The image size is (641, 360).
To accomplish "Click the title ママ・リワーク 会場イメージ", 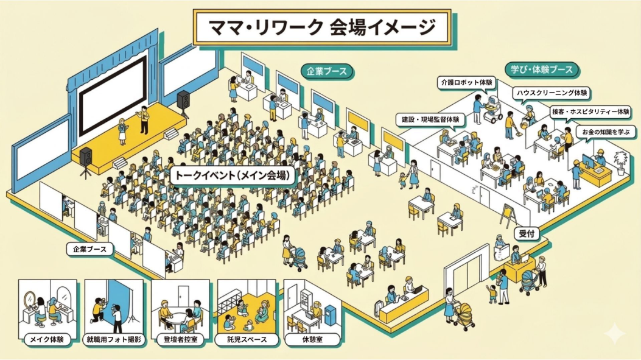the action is click(x=322, y=27).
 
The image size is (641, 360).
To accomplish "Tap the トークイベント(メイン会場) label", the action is click(x=233, y=175).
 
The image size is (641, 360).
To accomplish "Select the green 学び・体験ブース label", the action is click(x=542, y=70).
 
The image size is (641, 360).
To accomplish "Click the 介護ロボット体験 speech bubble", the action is click(x=466, y=83).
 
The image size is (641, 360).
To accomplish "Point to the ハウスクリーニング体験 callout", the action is click(x=552, y=93).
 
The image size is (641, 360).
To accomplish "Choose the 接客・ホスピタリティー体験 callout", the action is click(x=590, y=112).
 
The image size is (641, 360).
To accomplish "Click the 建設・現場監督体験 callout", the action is click(x=430, y=120).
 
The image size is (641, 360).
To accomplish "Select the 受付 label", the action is click(x=527, y=234).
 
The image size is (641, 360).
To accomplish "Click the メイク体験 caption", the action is click(x=47, y=339).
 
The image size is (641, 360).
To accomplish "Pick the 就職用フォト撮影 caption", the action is click(x=114, y=339).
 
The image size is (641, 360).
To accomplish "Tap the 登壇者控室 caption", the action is click(x=180, y=339).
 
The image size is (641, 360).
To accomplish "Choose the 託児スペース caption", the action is click(x=247, y=339).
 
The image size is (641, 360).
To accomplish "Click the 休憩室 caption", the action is click(x=313, y=339).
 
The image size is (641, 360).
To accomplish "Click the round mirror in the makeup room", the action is click(x=30, y=299).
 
